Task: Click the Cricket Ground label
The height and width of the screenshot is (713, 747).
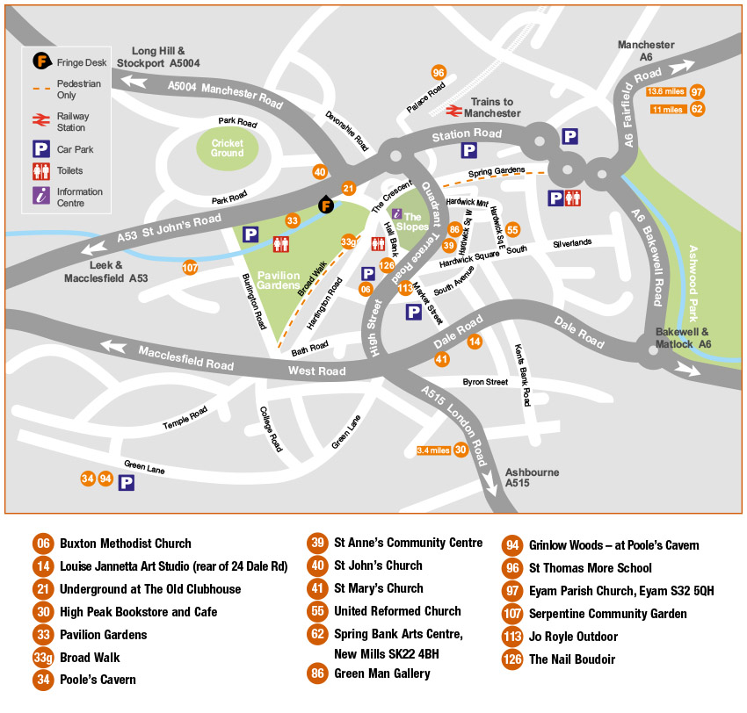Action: tap(227, 147)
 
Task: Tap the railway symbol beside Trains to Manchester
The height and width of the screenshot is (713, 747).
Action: tap(453, 111)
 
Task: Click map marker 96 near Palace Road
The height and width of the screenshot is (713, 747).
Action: tap(439, 73)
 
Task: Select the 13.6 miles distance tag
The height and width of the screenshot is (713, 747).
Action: tap(666, 91)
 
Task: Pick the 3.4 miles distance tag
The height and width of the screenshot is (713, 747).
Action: tap(433, 450)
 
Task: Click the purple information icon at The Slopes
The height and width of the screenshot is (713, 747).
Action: tap(396, 212)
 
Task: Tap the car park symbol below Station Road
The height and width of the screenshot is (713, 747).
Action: tap(469, 150)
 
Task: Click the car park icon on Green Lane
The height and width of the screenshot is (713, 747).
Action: tap(127, 482)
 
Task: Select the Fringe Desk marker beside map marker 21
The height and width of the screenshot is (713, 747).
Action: tap(326, 205)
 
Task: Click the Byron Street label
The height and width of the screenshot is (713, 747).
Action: tap(485, 382)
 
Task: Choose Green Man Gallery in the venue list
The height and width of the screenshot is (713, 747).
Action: tap(381, 674)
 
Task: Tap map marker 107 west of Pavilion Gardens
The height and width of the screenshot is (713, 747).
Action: tap(190, 267)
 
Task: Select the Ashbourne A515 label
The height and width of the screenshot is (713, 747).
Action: tap(532, 478)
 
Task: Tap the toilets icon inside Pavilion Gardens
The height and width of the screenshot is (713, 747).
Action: tap(281, 243)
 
